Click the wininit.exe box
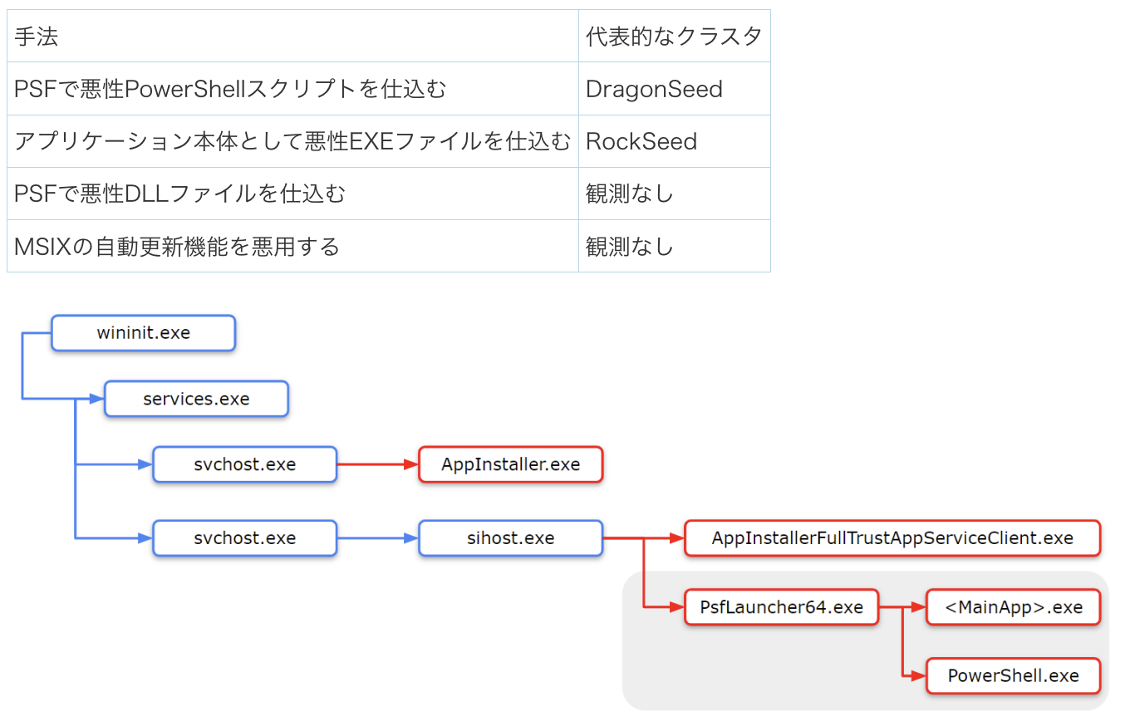(x=143, y=333)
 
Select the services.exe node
(x=196, y=399)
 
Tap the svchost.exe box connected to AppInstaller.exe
(x=244, y=464)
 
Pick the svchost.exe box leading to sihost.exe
(x=244, y=538)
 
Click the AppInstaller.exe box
(x=510, y=464)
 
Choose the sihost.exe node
(x=510, y=538)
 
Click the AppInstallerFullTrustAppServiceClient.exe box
(x=892, y=538)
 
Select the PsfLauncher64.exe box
(x=781, y=607)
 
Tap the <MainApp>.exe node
(x=1014, y=607)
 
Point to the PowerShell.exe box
(x=1014, y=675)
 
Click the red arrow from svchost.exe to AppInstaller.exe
(x=377, y=464)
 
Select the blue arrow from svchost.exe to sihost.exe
(x=377, y=538)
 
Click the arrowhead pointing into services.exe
(x=97, y=399)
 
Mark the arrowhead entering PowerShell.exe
(x=919, y=675)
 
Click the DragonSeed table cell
(x=675, y=89)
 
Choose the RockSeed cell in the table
(x=675, y=141)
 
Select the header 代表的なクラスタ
(x=675, y=37)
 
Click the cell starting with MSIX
(x=292, y=246)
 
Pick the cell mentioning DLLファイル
(x=292, y=194)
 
